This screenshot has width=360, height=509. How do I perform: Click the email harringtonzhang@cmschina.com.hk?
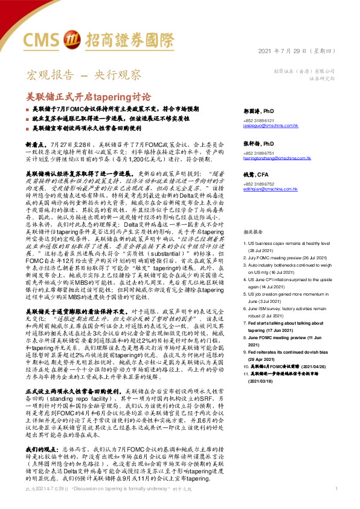276,158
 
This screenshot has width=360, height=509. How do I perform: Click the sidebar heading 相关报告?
253,215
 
